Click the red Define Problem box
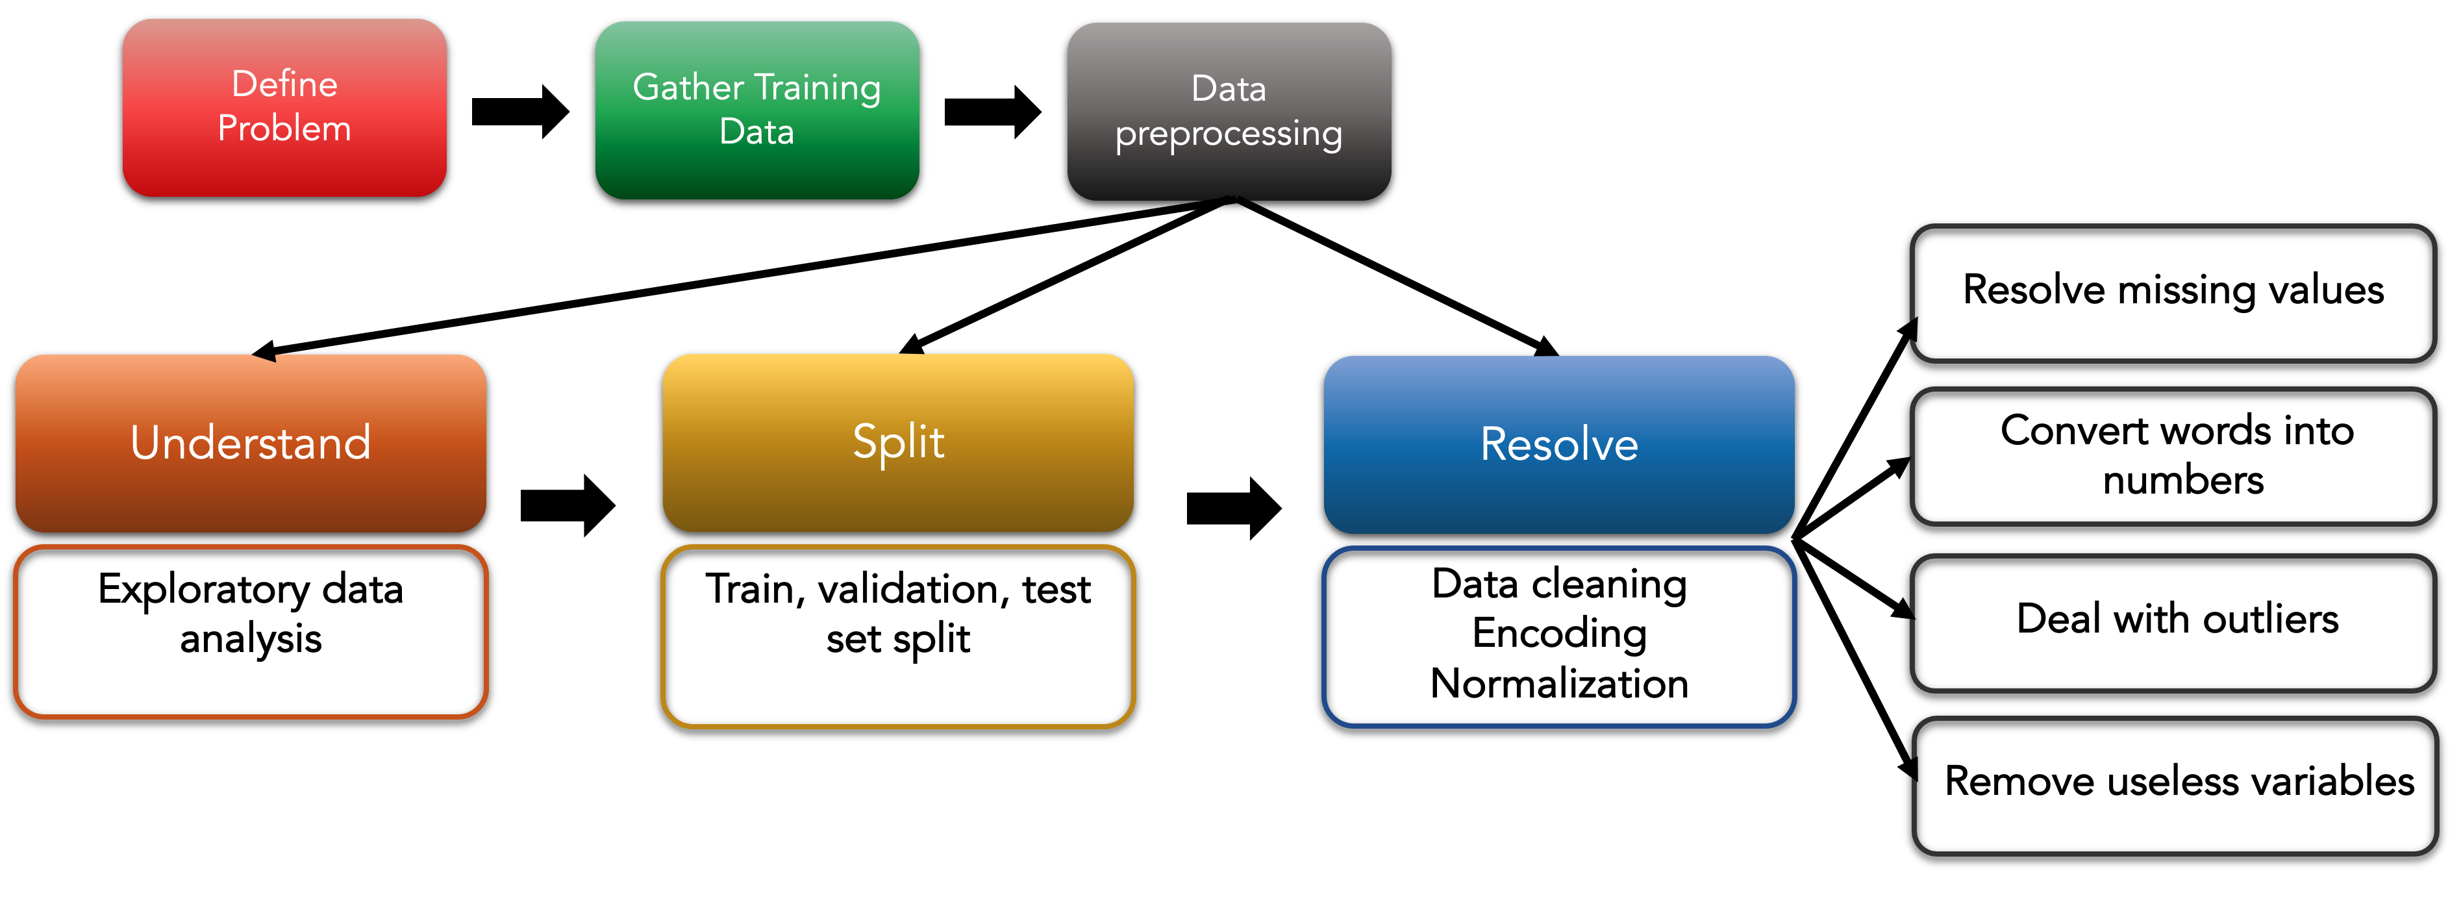click(284, 107)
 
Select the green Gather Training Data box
click(756, 109)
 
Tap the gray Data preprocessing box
click(1229, 111)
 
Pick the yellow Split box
click(898, 442)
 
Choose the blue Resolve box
click(1558, 444)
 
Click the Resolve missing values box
click(2173, 292)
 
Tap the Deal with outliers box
click(2175, 620)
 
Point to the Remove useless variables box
click(2177, 784)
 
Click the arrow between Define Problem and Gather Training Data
click(519, 111)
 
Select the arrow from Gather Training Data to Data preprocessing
click(992, 112)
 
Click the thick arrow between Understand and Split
click(566, 505)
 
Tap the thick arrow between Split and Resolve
click(1232, 509)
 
